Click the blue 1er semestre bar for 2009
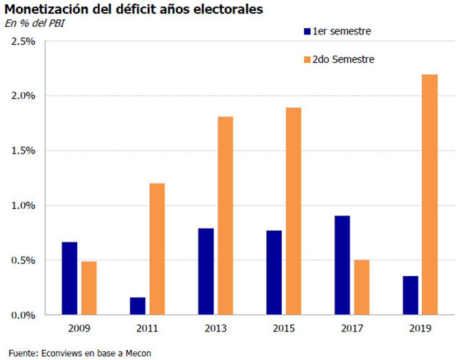click(x=69, y=278)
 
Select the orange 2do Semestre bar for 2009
click(x=89, y=287)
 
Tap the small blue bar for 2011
click(x=138, y=306)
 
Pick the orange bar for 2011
click(x=157, y=249)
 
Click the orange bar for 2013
click(x=225, y=215)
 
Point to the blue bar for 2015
click(x=274, y=272)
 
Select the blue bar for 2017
click(x=342, y=265)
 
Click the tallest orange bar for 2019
click(x=430, y=194)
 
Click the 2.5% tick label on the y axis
click(x=23, y=41)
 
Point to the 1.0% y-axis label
click(x=23, y=206)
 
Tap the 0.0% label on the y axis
click(x=23, y=315)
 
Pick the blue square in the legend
click(x=307, y=32)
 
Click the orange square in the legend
click(x=307, y=59)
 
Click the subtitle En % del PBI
click(x=34, y=23)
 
